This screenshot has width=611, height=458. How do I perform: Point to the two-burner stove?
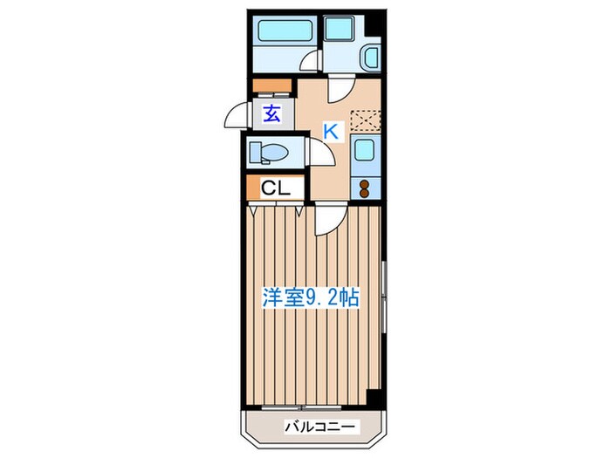click(364, 186)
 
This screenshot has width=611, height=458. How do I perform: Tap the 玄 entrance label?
click(272, 112)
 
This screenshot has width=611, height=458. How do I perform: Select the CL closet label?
click(278, 188)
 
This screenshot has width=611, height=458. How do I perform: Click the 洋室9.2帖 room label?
click(311, 297)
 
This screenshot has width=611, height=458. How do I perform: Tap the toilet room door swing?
click(319, 150)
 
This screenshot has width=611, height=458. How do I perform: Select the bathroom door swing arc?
click(310, 62)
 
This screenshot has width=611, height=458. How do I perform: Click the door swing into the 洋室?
click(328, 219)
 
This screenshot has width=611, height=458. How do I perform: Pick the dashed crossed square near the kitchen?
click(364, 121)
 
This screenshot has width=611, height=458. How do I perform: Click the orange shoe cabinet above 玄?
click(271, 86)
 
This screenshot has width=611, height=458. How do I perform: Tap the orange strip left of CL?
click(253, 188)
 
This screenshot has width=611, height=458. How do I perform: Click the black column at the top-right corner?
click(374, 22)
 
